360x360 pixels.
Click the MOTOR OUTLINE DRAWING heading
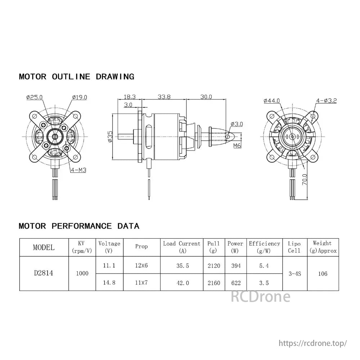click(76, 77)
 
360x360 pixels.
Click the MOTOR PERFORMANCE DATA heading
click(79, 226)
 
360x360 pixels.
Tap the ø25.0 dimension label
click(35, 97)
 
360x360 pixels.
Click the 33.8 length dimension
click(164, 97)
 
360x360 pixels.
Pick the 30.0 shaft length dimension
click(206, 97)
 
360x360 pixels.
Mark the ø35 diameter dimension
click(110, 137)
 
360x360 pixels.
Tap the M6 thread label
click(237, 146)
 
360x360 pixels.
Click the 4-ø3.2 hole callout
click(326, 101)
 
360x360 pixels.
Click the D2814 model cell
click(44, 273)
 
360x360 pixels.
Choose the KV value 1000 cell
click(82, 273)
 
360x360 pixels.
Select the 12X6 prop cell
click(141, 265)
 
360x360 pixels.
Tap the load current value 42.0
click(183, 283)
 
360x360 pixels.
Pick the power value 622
click(235, 283)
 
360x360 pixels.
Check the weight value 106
click(323, 274)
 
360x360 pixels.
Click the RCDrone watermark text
click(260, 297)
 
